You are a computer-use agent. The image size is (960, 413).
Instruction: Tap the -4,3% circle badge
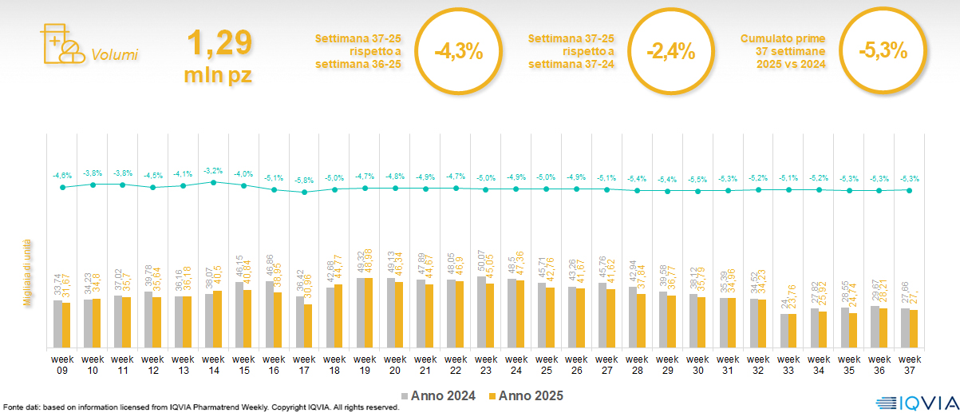pyautogui.click(x=459, y=52)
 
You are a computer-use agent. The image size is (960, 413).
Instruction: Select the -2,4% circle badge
pyautogui.click(x=671, y=52)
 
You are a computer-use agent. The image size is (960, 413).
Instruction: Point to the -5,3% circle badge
pyautogui.click(x=883, y=50)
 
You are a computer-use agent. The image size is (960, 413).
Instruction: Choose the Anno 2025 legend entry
pyautogui.click(x=526, y=395)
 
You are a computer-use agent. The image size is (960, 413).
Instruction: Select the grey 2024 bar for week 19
pyautogui.click(x=360, y=312)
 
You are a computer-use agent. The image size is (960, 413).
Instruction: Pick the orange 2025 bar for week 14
pyautogui.click(x=218, y=319)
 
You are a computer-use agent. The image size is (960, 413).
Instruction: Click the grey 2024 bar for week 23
pyautogui.click(x=480, y=312)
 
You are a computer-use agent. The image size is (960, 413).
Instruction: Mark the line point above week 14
pyautogui.click(x=213, y=182)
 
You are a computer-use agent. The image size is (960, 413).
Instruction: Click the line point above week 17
pyautogui.click(x=304, y=192)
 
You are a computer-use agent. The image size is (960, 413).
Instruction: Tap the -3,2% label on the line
pyautogui.click(x=213, y=170)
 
